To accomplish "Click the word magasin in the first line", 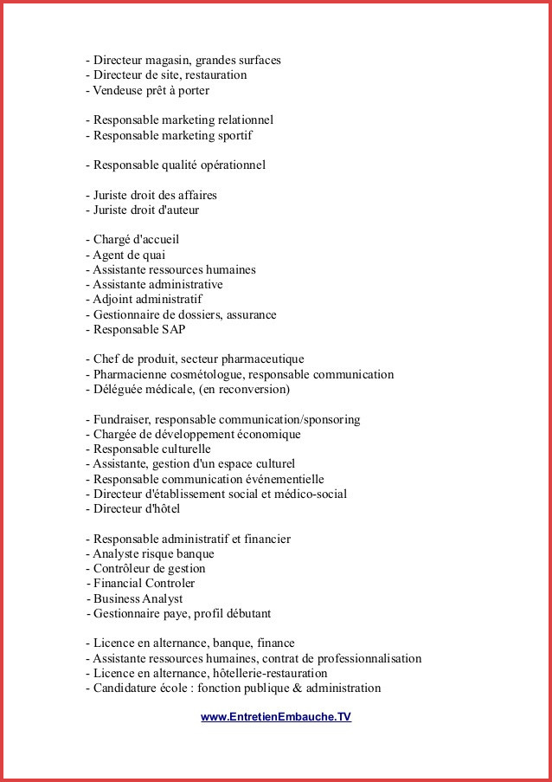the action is [x=169, y=61].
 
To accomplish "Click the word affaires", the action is [x=194, y=195].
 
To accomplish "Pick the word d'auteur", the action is [x=177, y=210].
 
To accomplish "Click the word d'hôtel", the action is [x=157, y=509].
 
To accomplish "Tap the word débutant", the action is [x=244, y=614].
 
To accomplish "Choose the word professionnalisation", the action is [x=363, y=659].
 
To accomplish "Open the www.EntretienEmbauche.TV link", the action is [x=276, y=717].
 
